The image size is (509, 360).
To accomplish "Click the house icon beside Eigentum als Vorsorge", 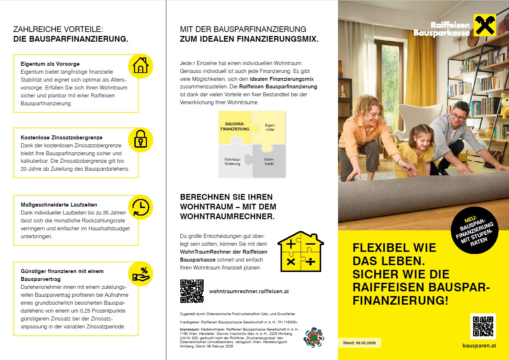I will click(141, 66).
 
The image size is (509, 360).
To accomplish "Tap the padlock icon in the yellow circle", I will click(140, 139).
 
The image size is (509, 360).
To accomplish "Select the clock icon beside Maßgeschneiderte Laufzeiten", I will click(141, 207).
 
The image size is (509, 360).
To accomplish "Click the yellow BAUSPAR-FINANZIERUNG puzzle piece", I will click(235, 127).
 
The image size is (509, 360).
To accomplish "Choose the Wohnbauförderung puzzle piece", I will click(233, 161).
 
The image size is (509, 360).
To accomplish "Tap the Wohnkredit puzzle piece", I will click(269, 161).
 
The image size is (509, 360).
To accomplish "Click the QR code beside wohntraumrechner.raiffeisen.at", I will click(192, 291).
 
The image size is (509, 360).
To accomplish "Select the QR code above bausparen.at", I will click(483, 326).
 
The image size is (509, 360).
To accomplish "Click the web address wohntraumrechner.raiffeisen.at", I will click(249, 291).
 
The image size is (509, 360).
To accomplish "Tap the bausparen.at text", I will click(479, 346).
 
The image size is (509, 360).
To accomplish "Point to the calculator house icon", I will click(301, 252).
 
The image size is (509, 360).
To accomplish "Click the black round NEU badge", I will click(475, 230).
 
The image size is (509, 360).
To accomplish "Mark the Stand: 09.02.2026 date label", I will click(359, 343).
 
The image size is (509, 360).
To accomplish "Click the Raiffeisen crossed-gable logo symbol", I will click(485, 25).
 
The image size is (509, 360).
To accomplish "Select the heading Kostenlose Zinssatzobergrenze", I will click(61, 138).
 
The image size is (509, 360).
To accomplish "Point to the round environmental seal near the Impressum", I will click(314, 337).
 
